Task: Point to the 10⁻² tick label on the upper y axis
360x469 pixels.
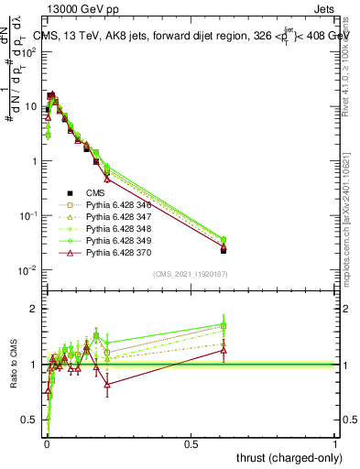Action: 26,270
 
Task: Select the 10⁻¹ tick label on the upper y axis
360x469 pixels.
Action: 26,215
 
